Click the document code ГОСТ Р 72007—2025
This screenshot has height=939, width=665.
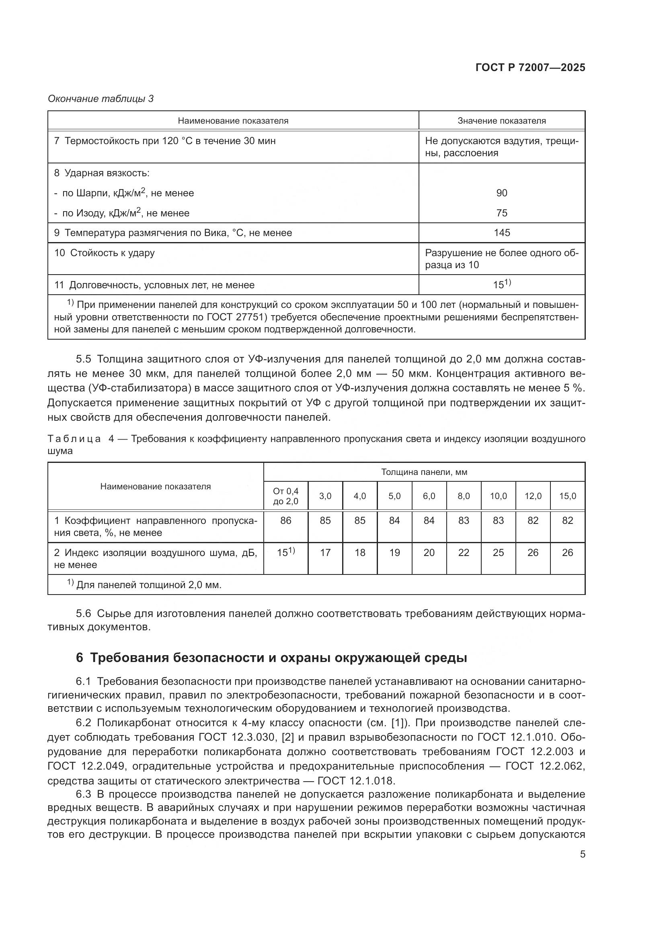[x=530, y=68]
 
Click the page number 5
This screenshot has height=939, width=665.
[x=582, y=854]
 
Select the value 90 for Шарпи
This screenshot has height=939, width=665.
[x=502, y=193]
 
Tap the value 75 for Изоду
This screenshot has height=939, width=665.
[x=502, y=213]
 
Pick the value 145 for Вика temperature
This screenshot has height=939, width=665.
[x=502, y=233]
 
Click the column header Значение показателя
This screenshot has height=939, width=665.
[x=502, y=121]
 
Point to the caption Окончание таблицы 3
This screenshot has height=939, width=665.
[x=101, y=99]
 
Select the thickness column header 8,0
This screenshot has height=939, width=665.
[x=464, y=496]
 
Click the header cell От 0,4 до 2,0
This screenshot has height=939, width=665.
[x=285, y=496]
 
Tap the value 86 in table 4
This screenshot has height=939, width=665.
[x=285, y=521]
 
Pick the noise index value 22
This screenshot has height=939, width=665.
[x=464, y=553]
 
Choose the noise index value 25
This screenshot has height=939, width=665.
[x=498, y=553]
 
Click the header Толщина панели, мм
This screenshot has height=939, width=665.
[x=424, y=472]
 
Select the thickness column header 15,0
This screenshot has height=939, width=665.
[x=568, y=496]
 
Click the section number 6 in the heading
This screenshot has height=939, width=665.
[x=80, y=658]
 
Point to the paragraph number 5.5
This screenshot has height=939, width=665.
[x=83, y=359]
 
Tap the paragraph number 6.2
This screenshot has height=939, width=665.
[x=83, y=723]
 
